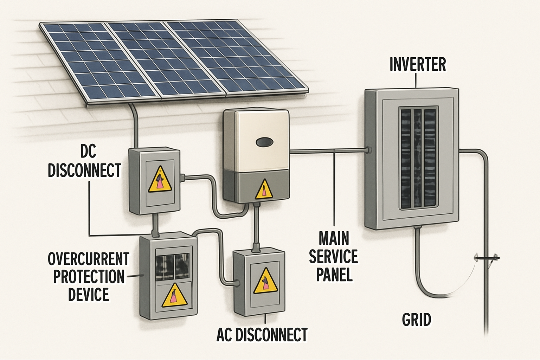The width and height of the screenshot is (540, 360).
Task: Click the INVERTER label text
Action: [418, 65]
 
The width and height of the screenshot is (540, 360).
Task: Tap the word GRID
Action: [417, 320]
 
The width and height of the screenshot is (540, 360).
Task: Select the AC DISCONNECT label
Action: [262, 335]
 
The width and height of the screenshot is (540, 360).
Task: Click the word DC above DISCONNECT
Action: [88, 152]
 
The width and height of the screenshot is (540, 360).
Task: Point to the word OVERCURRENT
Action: [89, 259]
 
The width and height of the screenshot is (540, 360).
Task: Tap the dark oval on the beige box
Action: [265, 142]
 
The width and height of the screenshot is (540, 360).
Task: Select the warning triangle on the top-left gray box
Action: [160, 180]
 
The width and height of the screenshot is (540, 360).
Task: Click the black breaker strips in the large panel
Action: [417, 157]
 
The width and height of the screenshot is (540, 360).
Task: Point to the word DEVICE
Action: [88, 294]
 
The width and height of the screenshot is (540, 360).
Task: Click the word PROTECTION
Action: [89, 277]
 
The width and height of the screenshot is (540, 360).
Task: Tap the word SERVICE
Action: [333, 257]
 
